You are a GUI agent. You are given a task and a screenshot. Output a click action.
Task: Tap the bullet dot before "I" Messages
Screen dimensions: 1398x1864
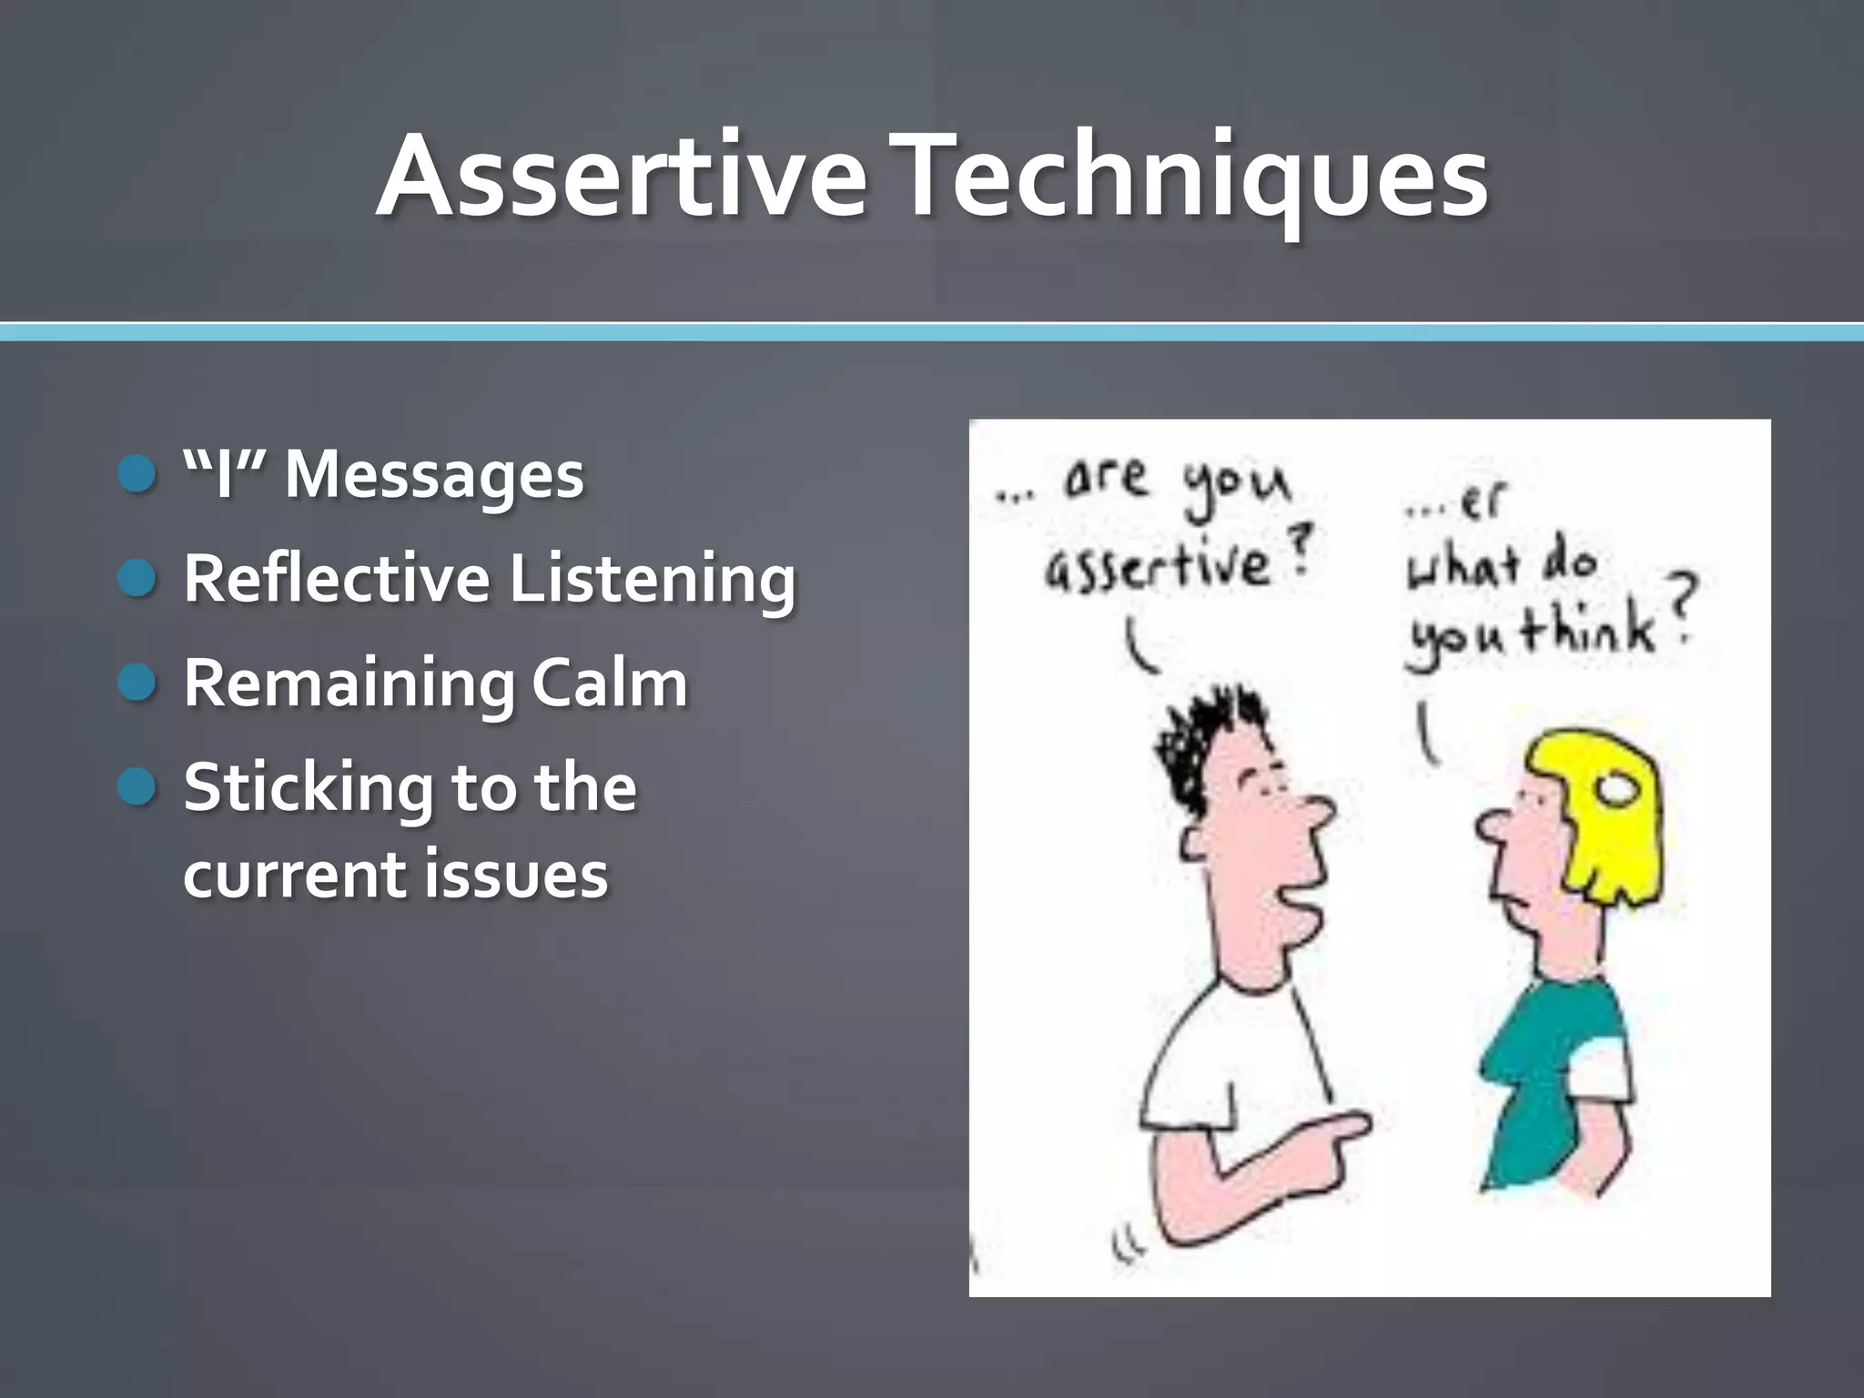tap(138, 474)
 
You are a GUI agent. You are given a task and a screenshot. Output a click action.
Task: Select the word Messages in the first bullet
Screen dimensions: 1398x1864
tap(433, 476)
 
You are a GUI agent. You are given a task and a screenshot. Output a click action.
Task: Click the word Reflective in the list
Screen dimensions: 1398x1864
tap(337, 579)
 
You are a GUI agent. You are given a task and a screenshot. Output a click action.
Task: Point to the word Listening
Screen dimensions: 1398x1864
tap(652, 581)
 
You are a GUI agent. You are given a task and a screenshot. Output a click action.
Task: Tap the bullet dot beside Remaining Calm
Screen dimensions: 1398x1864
tap(138, 683)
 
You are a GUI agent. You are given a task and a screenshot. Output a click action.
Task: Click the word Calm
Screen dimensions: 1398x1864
tap(609, 683)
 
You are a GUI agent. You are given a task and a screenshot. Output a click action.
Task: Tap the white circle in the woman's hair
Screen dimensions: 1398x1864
tap(1619, 792)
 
